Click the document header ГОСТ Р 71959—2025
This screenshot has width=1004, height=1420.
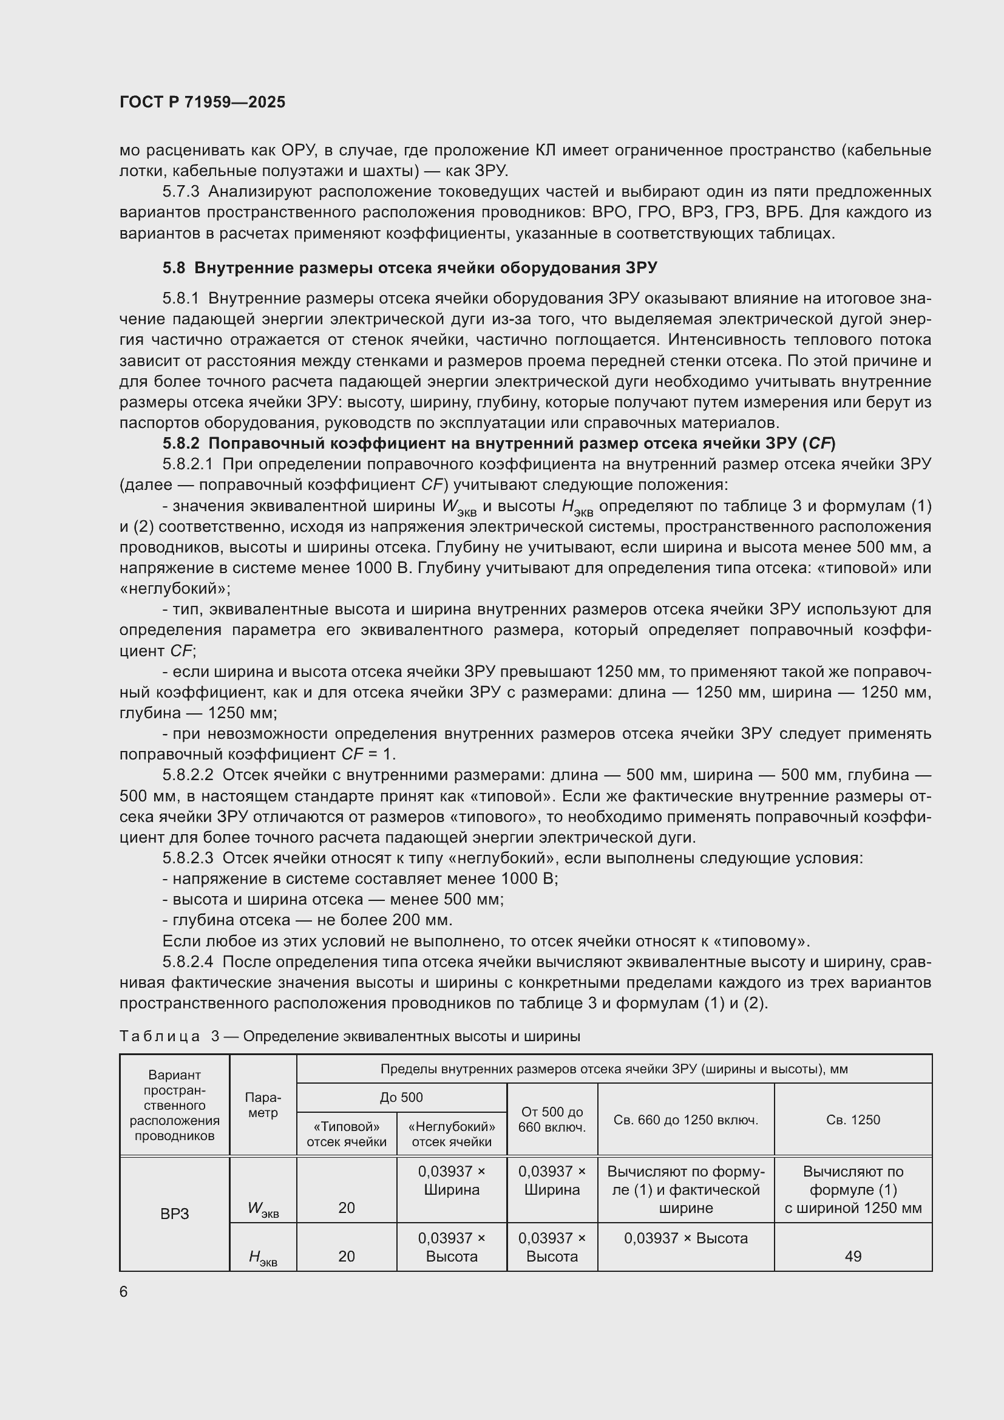(x=202, y=102)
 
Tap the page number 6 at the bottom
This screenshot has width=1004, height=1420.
(x=124, y=1292)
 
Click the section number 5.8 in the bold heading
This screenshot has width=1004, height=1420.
(x=174, y=268)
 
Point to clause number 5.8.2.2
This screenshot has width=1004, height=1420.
(x=188, y=775)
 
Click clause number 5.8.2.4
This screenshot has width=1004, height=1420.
(x=188, y=962)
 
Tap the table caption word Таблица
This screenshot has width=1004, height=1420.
(x=160, y=1036)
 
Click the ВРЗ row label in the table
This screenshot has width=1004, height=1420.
(x=174, y=1214)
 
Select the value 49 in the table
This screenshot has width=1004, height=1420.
(x=852, y=1256)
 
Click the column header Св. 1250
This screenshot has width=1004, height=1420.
(x=852, y=1119)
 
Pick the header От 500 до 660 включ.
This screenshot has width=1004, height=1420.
(x=551, y=1119)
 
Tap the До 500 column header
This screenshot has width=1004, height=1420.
(x=401, y=1097)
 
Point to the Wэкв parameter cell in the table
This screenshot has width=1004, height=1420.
(x=263, y=1209)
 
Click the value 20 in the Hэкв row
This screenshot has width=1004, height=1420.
(x=346, y=1256)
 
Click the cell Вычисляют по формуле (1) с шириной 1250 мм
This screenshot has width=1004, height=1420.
(x=852, y=1189)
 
